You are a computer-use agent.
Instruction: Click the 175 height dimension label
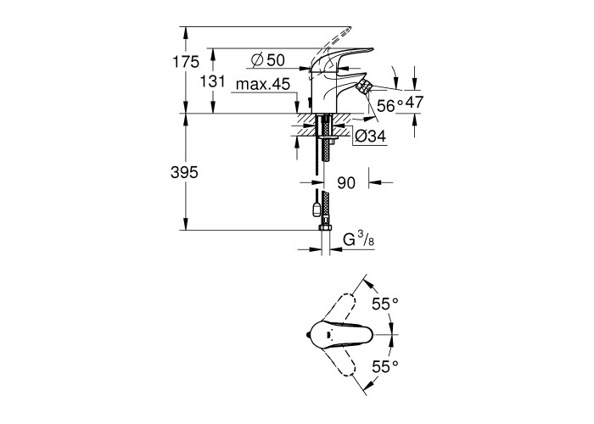186,62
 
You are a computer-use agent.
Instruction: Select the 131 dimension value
212,81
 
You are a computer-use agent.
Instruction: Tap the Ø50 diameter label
268,60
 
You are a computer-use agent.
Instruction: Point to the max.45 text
263,84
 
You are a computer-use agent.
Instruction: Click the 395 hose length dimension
184,173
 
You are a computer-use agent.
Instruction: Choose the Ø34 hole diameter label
371,136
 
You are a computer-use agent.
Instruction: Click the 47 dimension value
414,103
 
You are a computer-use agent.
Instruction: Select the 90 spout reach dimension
346,182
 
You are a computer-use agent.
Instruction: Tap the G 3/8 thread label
358,240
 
